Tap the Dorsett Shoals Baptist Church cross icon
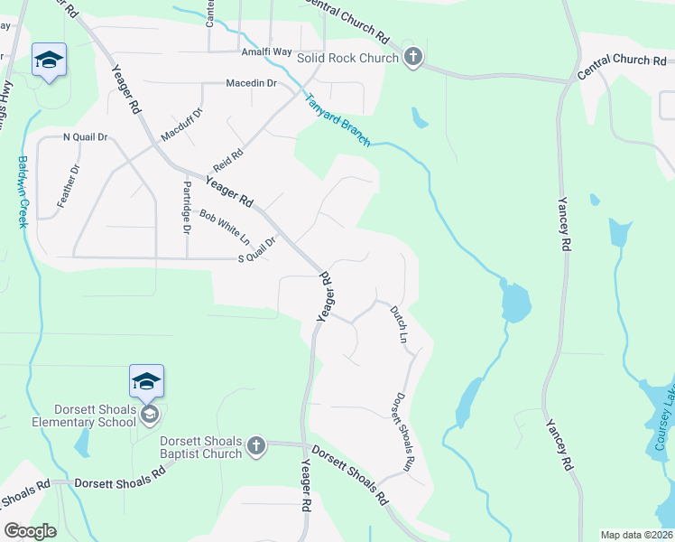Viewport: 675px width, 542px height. click(x=256, y=446)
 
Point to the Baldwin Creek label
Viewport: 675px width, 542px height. click(x=23, y=192)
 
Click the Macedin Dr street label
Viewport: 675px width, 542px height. click(x=251, y=84)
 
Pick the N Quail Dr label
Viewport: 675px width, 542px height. click(x=85, y=137)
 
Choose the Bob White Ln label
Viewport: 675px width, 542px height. click(x=225, y=228)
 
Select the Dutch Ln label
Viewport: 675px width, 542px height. click(x=399, y=324)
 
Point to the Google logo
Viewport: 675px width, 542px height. click(x=30, y=530)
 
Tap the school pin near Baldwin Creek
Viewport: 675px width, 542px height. click(x=48, y=61)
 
